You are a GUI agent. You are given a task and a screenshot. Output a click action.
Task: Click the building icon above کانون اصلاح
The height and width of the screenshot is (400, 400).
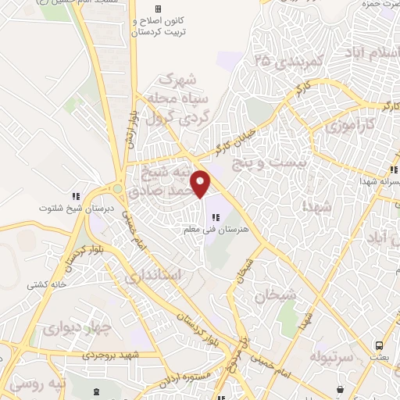158,9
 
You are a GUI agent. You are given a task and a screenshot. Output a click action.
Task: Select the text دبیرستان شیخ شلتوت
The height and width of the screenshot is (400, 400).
74,209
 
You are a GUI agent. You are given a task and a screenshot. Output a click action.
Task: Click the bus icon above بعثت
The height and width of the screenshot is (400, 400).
379,345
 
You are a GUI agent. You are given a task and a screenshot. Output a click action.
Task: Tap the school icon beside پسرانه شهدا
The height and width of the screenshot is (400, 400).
395,169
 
